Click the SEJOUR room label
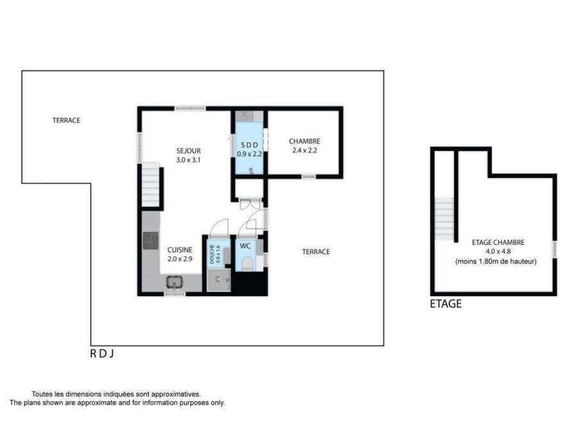click(x=188, y=151)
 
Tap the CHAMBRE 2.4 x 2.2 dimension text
click(x=305, y=151)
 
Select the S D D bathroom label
click(x=249, y=145)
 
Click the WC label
click(x=245, y=245)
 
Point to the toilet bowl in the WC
click(x=247, y=263)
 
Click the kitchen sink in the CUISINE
click(x=174, y=282)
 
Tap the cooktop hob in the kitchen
click(x=151, y=241)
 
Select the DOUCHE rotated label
click(x=212, y=254)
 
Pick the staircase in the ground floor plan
click(x=151, y=185)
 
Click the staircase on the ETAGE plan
click(x=444, y=219)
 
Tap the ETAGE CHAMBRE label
click(x=498, y=242)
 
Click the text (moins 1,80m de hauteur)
click(x=496, y=261)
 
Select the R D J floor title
click(x=102, y=354)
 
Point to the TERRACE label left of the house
click(x=66, y=120)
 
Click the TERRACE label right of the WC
click(x=315, y=252)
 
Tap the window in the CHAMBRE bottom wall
click(x=309, y=177)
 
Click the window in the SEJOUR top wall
click(x=190, y=108)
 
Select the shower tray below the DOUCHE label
click(x=219, y=280)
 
